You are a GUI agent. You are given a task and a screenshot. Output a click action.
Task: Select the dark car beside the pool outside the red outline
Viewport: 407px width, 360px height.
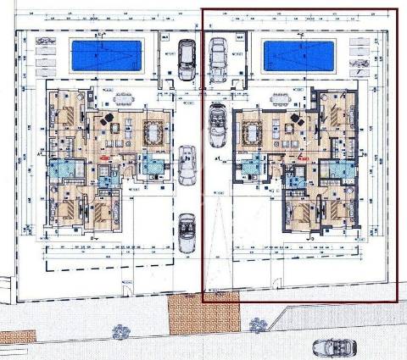187,59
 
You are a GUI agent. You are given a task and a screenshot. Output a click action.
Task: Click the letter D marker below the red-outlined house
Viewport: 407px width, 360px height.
310,239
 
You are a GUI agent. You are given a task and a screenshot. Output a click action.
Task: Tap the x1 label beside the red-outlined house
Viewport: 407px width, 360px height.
219,158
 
